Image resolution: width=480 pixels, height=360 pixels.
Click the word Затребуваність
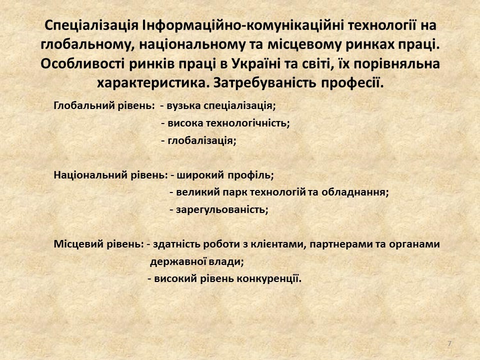click(x=265, y=83)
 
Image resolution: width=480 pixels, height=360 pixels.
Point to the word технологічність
click(x=247, y=123)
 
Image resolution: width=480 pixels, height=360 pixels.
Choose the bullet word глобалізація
click(x=202, y=141)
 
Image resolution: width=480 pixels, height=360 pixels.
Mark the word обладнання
click(x=355, y=192)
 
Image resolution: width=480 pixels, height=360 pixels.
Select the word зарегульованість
click(x=222, y=210)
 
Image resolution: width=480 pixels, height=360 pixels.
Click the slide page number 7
click(x=449, y=344)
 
